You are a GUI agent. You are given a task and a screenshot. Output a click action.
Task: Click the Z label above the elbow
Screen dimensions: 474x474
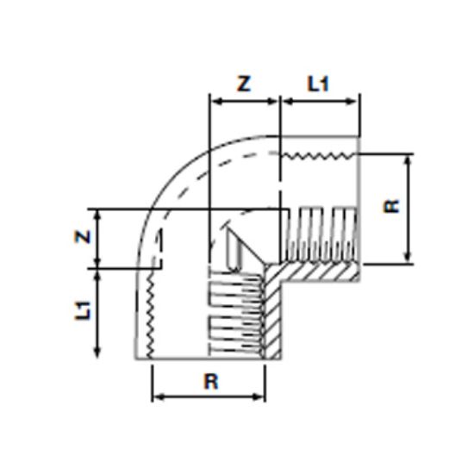click(x=245, y=84)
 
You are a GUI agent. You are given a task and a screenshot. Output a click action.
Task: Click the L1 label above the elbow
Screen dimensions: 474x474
click(x=319, y=84)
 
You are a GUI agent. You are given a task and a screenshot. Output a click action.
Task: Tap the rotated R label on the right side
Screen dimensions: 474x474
click(x=393, y=207)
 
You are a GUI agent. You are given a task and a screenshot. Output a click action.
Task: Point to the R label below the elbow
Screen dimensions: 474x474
click(x=209, y=382)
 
